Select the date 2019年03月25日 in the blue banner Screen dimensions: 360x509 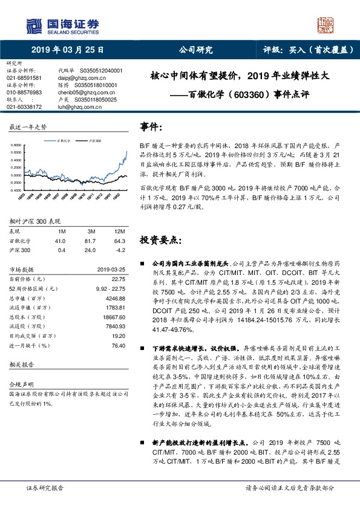point(68,50)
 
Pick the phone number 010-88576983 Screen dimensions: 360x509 point(24,92)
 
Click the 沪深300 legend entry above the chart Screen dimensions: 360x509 point(93,140)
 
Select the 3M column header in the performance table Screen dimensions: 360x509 point(91,232)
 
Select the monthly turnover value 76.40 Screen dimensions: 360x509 point(117,345)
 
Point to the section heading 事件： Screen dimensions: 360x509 point(152,127)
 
